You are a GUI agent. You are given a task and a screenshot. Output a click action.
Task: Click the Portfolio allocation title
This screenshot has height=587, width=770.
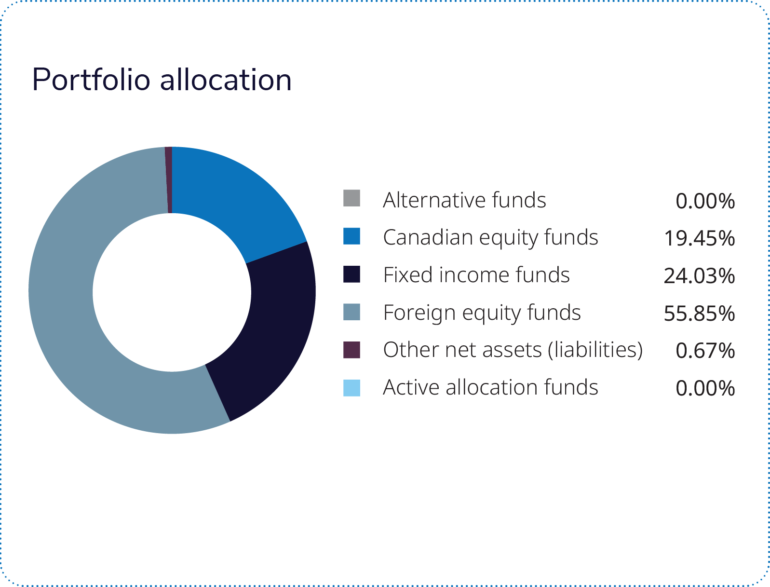point(162,80)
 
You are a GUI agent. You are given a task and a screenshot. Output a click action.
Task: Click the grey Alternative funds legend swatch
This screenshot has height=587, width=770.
point(351,198)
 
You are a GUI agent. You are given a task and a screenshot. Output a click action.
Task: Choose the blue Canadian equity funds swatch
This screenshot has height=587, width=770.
point(351,236)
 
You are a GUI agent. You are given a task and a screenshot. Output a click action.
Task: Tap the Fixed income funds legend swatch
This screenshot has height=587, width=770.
point(351,274)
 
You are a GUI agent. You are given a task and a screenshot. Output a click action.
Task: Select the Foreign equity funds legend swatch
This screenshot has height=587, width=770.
point(351,312)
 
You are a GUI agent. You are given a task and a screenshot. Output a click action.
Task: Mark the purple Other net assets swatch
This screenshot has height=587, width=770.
point(351,350)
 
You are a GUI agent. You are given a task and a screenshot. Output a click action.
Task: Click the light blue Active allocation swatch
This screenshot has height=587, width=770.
point(351,388)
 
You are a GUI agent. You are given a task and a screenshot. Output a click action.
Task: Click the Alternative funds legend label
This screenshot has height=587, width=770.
point(464,200)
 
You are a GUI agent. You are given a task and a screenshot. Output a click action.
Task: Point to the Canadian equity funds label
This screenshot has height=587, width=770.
point(490,237)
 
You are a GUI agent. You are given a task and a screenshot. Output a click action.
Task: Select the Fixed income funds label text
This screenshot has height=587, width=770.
point(476,275)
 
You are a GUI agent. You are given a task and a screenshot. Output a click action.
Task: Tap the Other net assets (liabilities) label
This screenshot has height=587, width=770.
point(513,350)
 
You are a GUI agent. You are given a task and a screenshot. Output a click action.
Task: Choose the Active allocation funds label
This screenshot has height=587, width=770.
point(490,387)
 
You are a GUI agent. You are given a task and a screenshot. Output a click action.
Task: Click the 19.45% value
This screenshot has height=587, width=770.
point(699,238)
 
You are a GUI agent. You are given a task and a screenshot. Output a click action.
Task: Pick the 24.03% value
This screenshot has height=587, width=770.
point(699,276)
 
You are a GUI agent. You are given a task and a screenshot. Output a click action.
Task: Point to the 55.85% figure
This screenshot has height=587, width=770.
point(699,314)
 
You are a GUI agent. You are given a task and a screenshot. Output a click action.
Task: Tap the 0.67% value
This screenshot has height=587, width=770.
point(705,351)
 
